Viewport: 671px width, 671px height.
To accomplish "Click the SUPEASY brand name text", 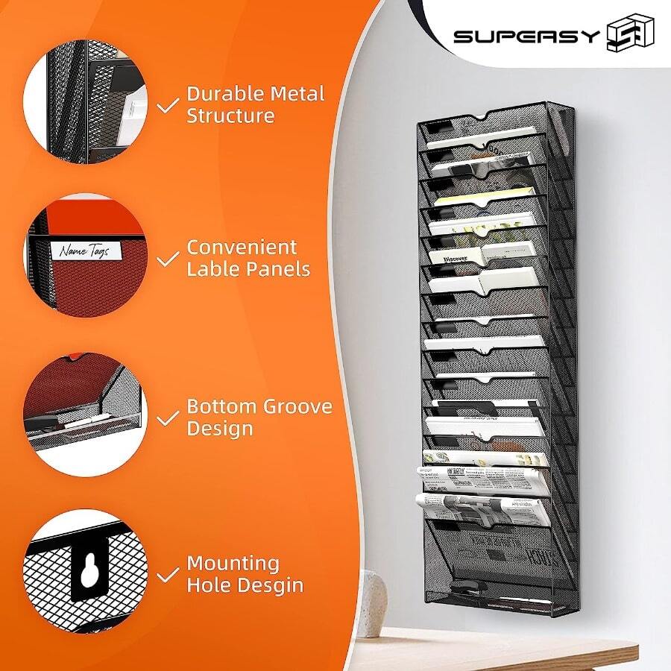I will click(526, 36).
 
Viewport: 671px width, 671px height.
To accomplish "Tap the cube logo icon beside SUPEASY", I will click(630, 34).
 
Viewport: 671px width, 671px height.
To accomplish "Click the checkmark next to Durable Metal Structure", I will click(169, 105).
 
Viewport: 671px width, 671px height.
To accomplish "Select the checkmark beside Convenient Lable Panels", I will click(169, 259).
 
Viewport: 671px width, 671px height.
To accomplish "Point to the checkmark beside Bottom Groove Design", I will click(169, 418).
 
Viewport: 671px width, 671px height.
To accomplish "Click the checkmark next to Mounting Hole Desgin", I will click(169, 573).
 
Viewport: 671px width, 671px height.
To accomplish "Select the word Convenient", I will click(242, 247).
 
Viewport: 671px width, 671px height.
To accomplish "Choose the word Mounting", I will click(233, 563).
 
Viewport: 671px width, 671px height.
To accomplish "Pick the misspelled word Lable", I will click(212, 269).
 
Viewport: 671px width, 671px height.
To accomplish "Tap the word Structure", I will click(230, 116).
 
